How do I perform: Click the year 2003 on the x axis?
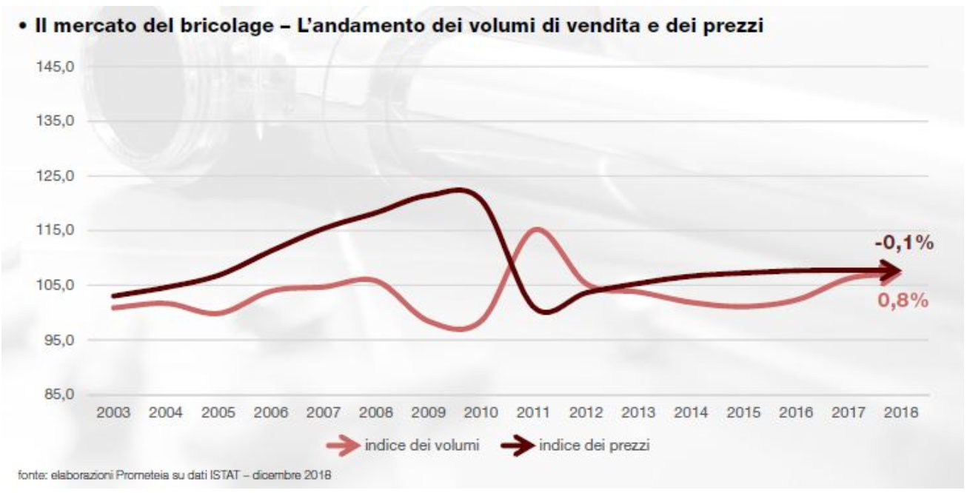coord(114,413)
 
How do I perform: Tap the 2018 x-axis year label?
coord(900,413)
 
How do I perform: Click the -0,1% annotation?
coord(903,244)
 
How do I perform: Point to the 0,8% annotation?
coord(903,301)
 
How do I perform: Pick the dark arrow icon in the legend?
coord(516,446)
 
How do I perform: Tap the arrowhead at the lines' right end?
coord(894,272)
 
